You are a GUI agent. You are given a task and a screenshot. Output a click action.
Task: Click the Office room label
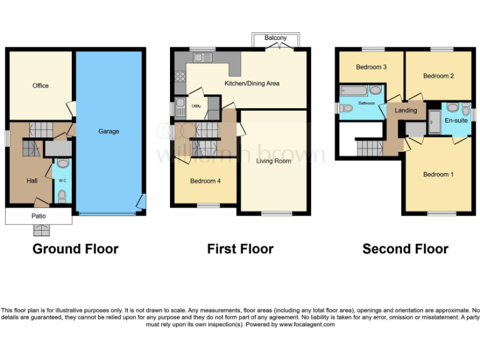pos(41,86)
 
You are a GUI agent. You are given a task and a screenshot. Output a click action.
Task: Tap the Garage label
pos(108,131)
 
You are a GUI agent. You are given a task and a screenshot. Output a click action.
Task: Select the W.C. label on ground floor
pos(62,181)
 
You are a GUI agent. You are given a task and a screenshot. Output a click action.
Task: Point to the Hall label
pos(32,180)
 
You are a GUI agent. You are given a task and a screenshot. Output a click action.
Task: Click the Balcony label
pos(276,38)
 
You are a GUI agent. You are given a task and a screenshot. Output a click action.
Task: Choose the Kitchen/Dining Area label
pos(252,83)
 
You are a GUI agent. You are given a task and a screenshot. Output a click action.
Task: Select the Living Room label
pos(274,161)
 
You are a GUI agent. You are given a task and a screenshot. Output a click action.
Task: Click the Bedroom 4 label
pos(205,181)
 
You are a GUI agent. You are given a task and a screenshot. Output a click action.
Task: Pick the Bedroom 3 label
pos(371,67)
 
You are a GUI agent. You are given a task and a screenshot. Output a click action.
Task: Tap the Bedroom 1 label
pos(436,174)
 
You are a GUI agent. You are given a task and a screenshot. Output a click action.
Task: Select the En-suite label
pos(456,119)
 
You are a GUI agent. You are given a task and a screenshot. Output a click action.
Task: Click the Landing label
pos(406,111)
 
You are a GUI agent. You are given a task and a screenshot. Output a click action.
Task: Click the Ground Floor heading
pos(75,249)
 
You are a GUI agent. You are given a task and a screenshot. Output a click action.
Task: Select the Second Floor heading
pos(405,249)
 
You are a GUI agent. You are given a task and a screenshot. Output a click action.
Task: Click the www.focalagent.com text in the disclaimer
pos(306,324)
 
